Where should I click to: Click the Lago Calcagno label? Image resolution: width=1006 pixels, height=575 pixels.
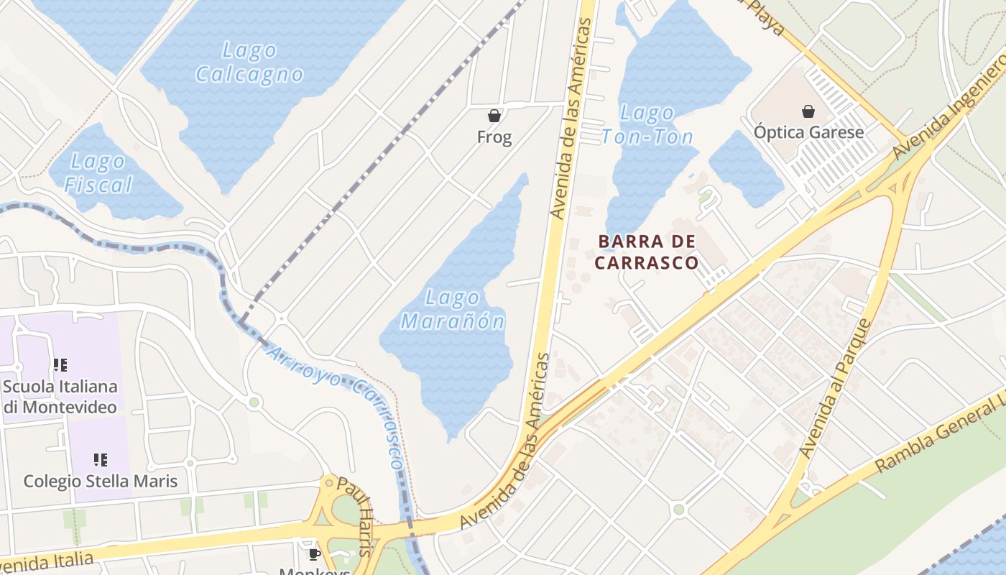click(249, 63)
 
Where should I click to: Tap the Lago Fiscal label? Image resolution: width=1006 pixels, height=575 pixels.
click(98, 173)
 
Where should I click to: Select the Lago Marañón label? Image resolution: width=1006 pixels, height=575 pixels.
click(453, 309)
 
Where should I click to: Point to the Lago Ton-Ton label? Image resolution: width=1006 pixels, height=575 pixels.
click(647, 124)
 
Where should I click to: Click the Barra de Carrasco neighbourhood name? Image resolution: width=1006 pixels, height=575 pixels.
click(646, 252)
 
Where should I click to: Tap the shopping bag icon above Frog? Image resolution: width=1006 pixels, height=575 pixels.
click(494, 115)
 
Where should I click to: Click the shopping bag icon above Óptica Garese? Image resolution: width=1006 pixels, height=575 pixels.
click(808, 111)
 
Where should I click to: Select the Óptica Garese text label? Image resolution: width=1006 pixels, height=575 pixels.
click(808, 132)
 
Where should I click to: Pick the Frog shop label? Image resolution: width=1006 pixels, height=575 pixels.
click(494, 137)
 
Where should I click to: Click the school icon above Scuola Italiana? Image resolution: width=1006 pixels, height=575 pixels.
click(60, 365)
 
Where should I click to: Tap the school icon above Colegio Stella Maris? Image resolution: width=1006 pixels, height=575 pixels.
click(101, 459)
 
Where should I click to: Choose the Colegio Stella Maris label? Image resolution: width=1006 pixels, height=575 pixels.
click(101, 481)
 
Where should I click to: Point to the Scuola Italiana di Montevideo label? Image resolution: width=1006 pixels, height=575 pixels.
click(60, 397)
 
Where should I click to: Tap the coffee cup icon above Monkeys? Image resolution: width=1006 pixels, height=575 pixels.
click(314, 553)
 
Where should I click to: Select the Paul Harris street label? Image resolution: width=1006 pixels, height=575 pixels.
click(356, 515)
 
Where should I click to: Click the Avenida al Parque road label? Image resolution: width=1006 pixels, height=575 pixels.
click(836, 389)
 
